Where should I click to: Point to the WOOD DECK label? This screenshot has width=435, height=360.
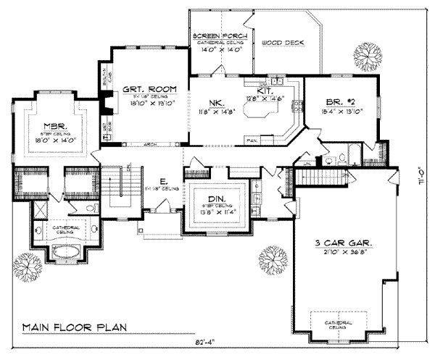[282, 43]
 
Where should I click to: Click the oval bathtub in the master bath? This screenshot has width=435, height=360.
[66, 254]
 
